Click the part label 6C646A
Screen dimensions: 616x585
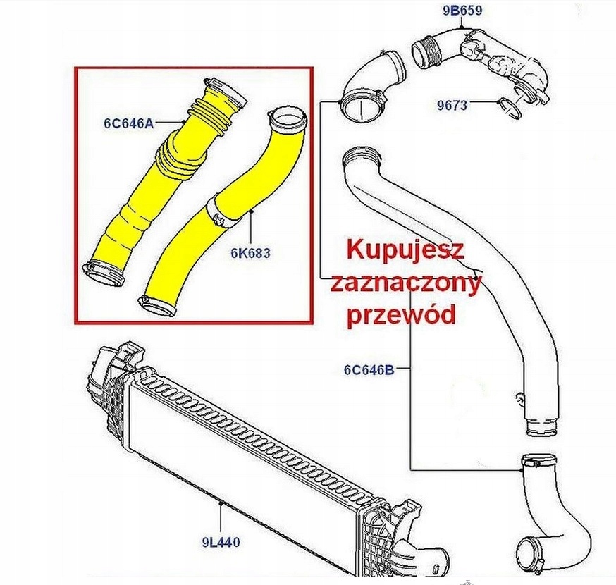click(x=128, y=124)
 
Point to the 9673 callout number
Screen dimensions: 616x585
click(x=452, y=106)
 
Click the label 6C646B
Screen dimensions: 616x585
click(x=369, y=369)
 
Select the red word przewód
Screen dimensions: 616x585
click(x=401, y=315)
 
